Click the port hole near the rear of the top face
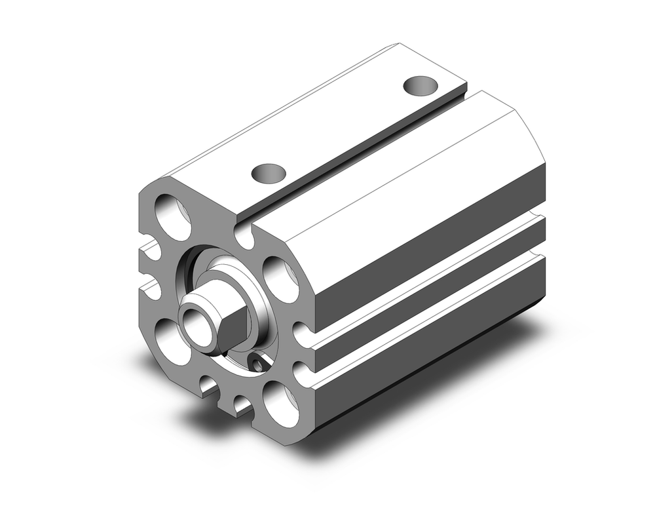[x=420, y=85]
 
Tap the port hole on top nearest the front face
[x=269, y=173]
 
